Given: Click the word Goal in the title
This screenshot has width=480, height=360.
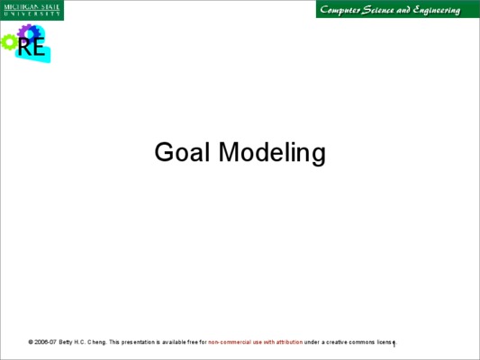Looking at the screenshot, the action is [182, 152].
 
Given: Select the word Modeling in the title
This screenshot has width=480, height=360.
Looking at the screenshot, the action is [272, 153].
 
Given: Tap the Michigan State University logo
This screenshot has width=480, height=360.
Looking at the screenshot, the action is [32, 10].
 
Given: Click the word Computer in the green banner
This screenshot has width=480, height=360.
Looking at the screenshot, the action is [340, 10].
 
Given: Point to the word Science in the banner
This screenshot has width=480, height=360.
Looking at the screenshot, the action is [377, 10].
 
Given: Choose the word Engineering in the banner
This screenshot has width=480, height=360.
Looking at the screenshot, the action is [436, 11].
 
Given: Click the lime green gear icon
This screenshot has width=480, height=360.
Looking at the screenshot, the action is [9, 42].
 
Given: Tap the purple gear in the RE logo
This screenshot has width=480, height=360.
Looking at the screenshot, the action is [28, 31].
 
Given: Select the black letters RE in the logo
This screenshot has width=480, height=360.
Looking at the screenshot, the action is [32, 47].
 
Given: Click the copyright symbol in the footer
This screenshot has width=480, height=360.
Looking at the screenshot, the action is [31, 342].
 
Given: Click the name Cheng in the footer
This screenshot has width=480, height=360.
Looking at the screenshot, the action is [97, 342].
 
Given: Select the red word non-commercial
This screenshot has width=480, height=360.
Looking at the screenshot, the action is [230, 342].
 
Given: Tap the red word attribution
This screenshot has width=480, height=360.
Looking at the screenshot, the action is [289, 342].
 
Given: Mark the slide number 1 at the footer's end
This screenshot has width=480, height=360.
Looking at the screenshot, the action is [394, 345].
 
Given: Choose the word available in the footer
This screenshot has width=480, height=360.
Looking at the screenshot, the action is [174, 342].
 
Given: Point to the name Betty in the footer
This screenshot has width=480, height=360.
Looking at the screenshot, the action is [66, 342].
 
